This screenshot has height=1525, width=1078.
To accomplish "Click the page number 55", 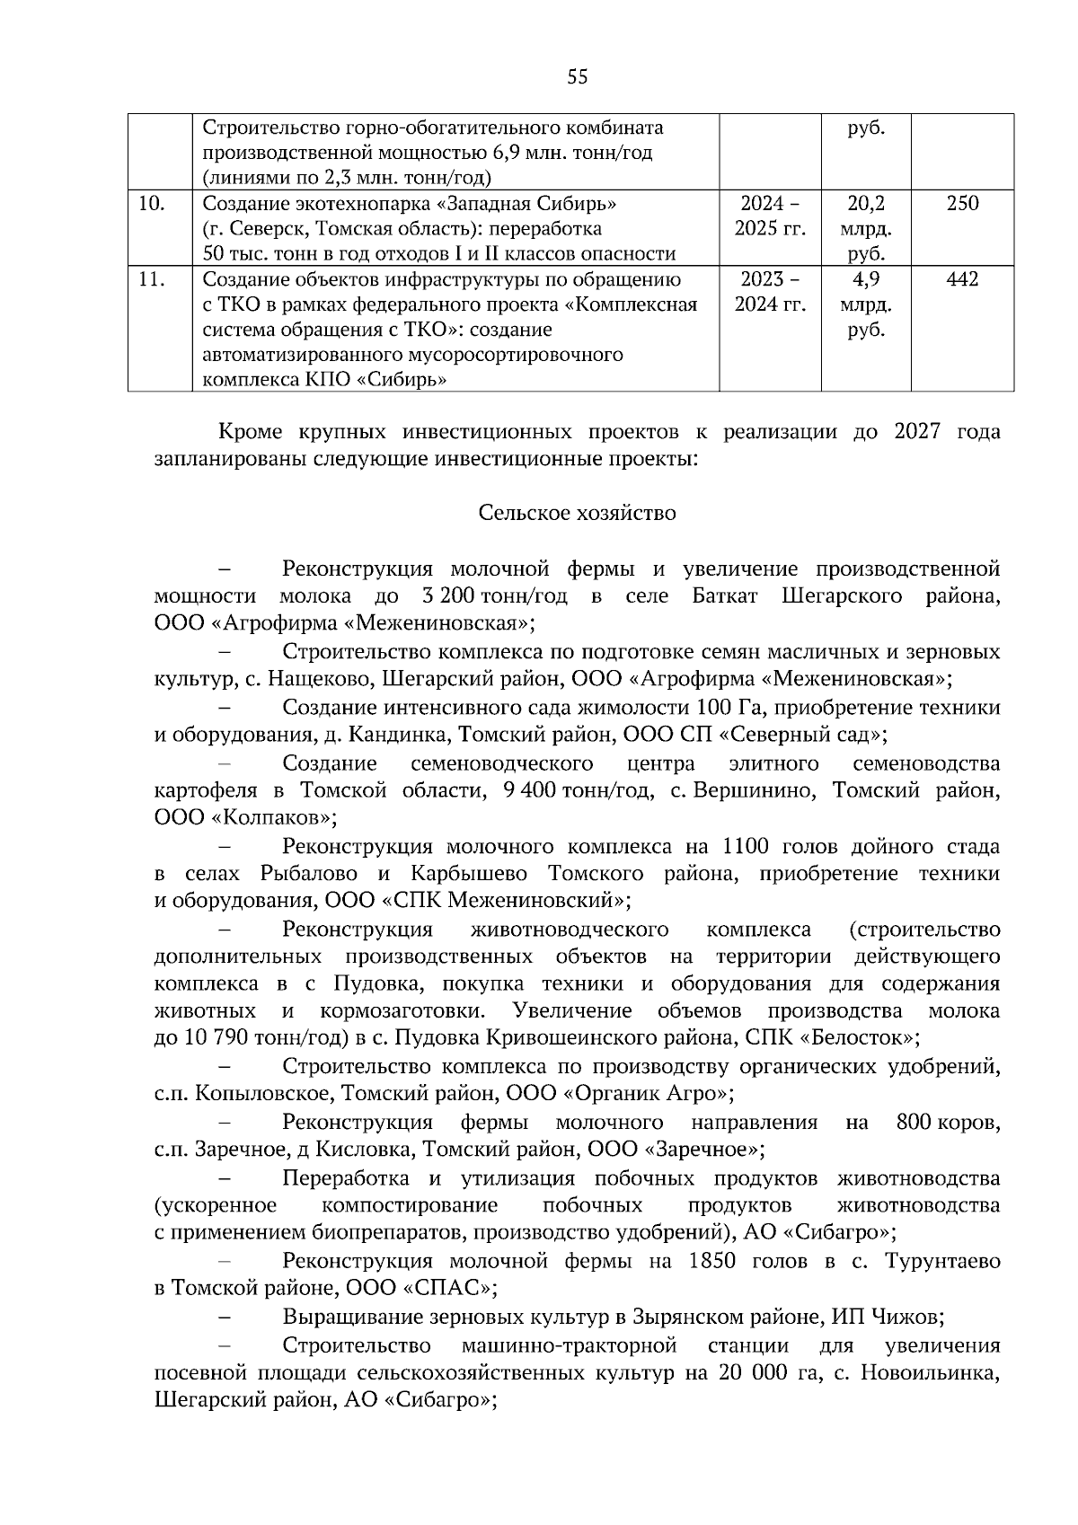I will (578, 77).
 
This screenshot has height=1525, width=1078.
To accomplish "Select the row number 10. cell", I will (152, 204).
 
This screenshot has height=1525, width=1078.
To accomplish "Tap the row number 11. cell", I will (152, 279).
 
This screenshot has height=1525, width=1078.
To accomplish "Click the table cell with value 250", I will (962, 204).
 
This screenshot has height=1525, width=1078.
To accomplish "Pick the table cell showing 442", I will (962, 279).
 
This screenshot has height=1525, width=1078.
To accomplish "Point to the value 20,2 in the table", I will (866, 204).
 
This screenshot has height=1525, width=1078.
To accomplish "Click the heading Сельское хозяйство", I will (577, 513).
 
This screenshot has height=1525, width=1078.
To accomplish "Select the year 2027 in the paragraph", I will (917, 431).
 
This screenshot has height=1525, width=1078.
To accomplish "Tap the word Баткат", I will (726, 596).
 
